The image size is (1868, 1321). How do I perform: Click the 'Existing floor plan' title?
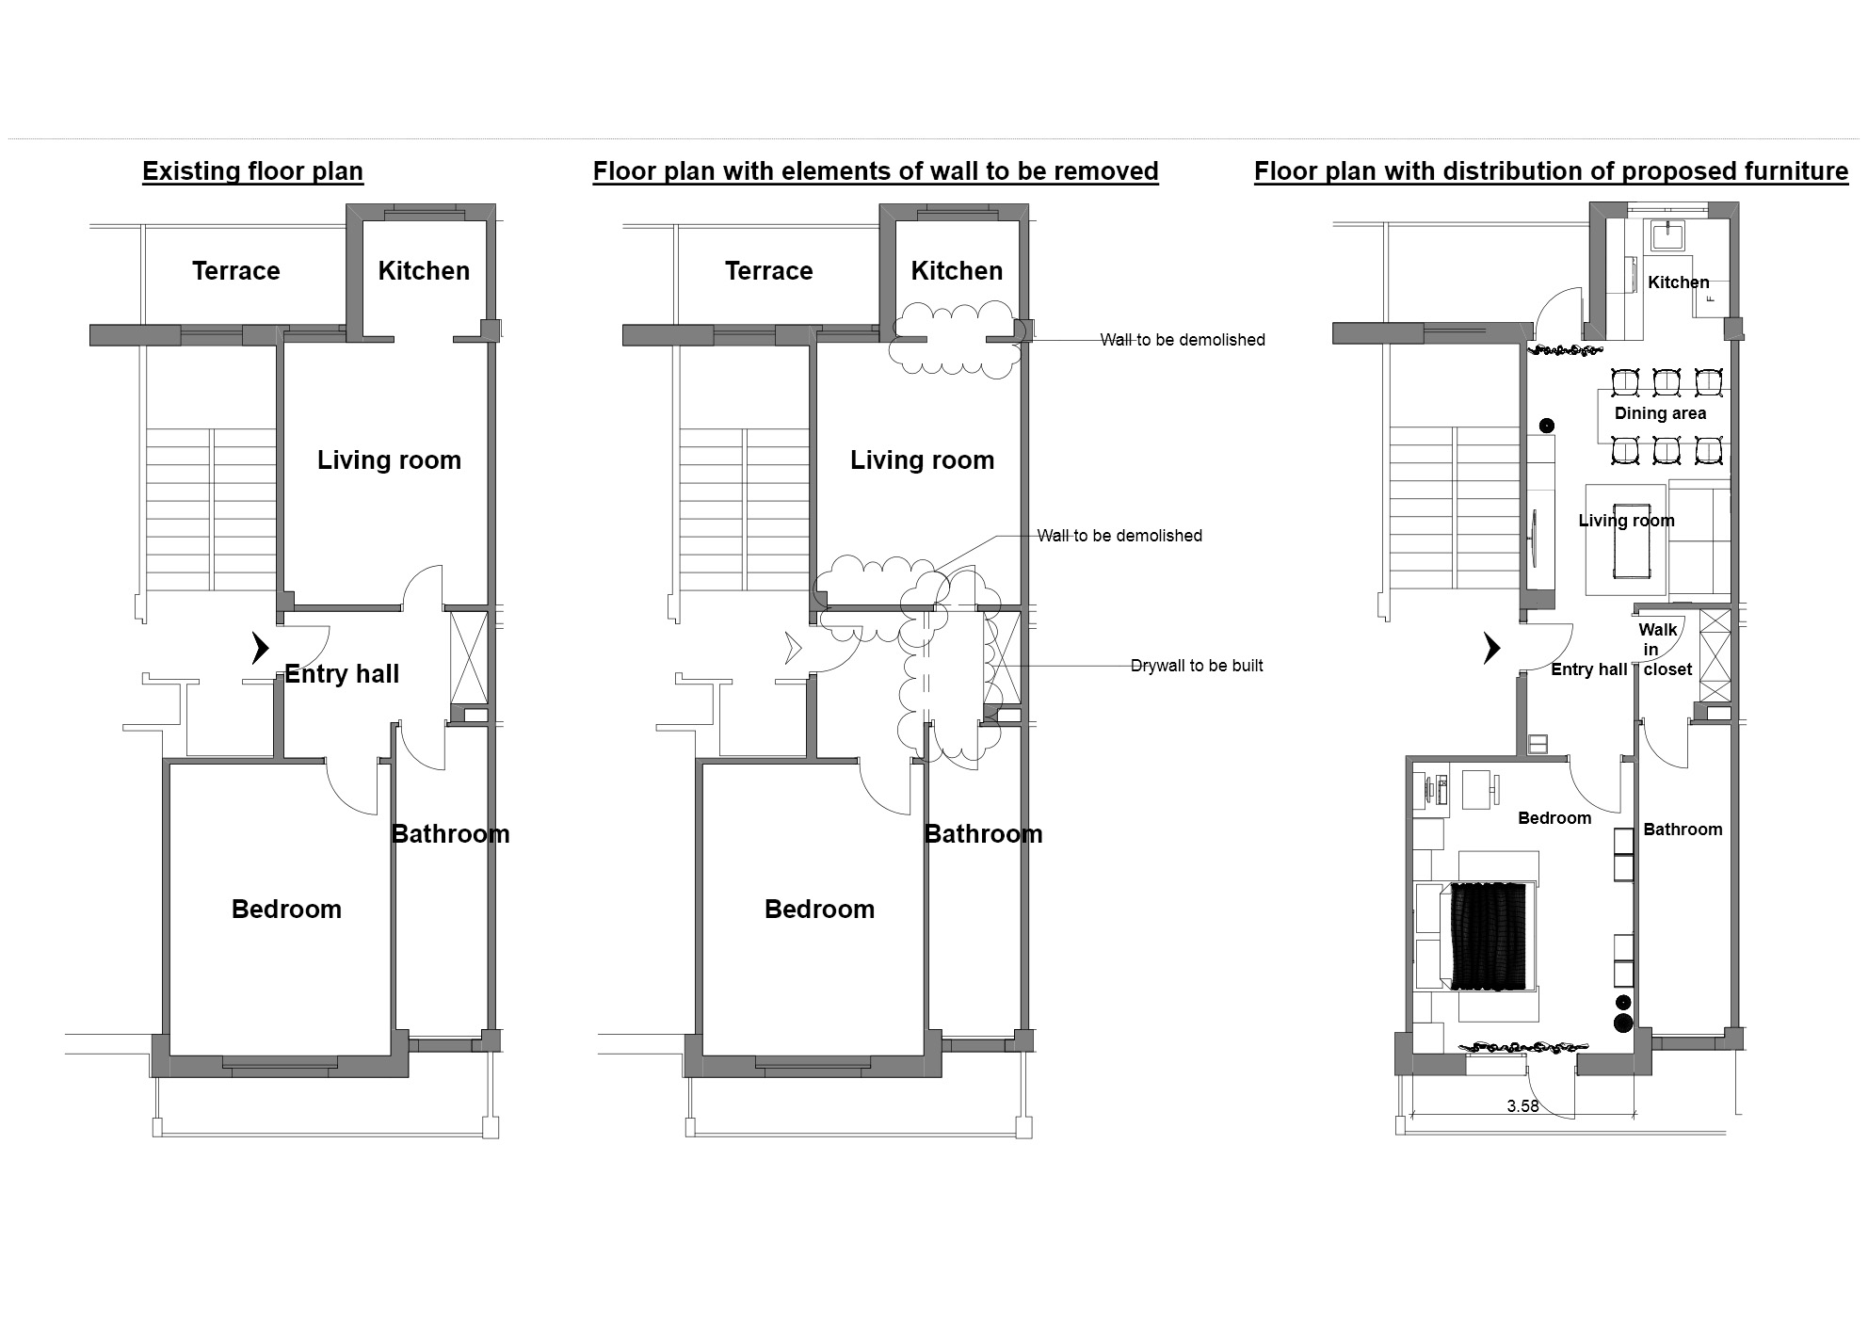(252, 171)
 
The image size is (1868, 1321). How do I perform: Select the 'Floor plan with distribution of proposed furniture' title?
(1551, 171)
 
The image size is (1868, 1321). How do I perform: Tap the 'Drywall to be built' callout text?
(1197, 666)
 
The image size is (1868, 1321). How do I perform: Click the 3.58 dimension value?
(1522, 1106)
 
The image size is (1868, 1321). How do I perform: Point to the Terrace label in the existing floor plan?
(235, 271)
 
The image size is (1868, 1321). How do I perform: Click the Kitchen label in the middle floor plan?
(957, 271)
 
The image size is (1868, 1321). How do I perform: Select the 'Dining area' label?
(1660, 413)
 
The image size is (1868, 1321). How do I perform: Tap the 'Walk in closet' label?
(1662, 650)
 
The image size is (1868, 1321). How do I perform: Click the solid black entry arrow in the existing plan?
(260, 648)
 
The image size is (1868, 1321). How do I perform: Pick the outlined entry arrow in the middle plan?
(793, 648)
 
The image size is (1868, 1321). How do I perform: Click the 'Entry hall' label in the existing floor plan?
(342, 674)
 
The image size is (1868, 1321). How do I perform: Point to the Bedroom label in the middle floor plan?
(819, 910)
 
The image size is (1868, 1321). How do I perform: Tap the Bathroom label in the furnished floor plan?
(1683, 830)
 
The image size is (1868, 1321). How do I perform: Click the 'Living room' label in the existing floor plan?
(389, 460)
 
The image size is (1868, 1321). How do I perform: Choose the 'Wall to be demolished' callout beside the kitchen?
(1183, 340)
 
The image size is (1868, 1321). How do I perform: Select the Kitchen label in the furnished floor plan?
(1678, 282)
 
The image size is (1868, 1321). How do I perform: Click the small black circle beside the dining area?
(1546, 426)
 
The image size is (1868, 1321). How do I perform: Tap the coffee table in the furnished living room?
(1630, 545)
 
